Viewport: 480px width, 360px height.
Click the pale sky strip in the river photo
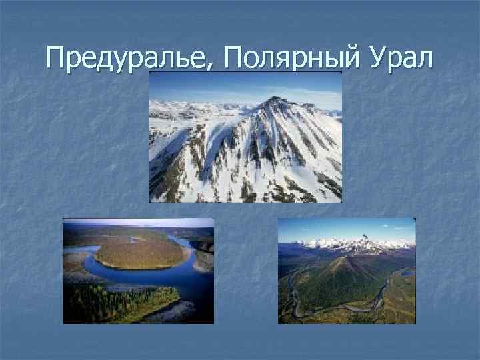point(133,223)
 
